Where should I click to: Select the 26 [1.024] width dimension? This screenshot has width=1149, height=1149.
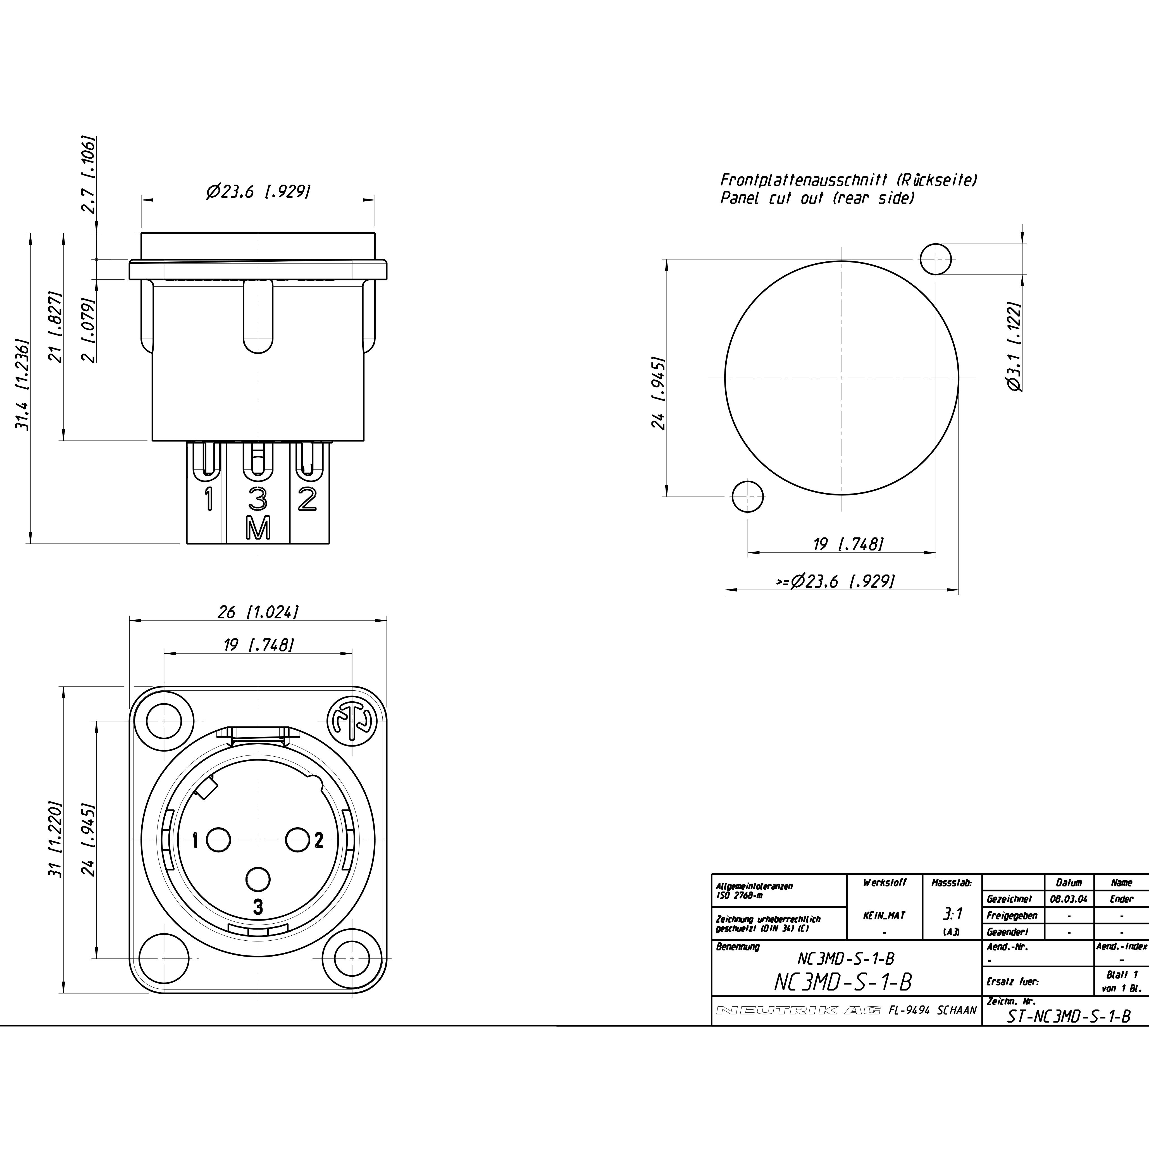click(x=258, y=612)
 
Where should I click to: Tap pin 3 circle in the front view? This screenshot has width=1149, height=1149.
click(x=258, y=879)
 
